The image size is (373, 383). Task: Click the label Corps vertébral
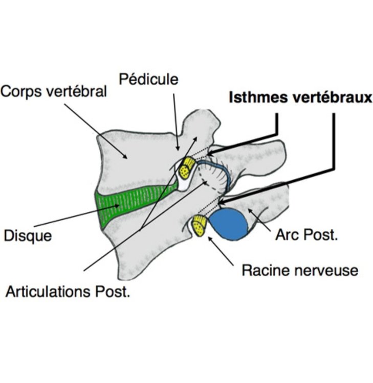click(54, 92)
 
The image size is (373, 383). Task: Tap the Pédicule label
click(149, 79)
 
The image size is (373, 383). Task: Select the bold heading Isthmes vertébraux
click(300, 98)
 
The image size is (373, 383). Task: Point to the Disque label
click(28, 236)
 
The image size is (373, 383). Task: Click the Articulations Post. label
click(68, 292)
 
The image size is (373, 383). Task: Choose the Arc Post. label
click(306, 235)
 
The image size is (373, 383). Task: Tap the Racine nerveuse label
click(300, 270)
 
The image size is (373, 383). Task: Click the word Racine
click(266, 270)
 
